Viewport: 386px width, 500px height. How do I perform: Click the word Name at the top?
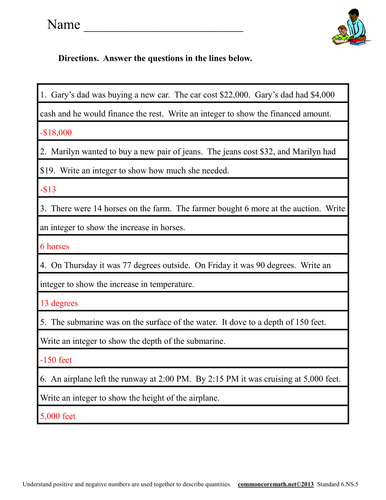point(62,23)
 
